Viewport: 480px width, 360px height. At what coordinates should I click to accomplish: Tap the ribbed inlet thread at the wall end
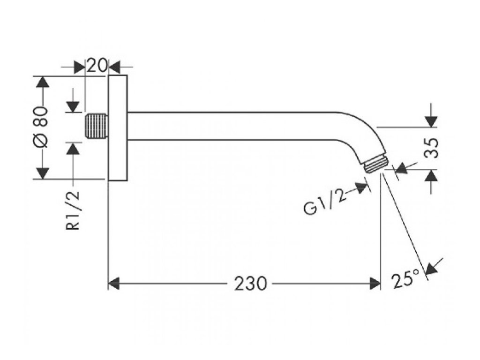[97, 126]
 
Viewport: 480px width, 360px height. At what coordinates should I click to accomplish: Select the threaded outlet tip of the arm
[376, 165]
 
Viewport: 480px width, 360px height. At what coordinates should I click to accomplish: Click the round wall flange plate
[118, 127]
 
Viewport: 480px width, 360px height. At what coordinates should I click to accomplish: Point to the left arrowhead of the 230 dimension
[114, 284]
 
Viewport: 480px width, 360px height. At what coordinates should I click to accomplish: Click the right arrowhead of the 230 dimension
[375, 284]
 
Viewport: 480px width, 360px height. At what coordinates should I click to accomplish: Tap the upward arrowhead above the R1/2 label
[73, 148]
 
